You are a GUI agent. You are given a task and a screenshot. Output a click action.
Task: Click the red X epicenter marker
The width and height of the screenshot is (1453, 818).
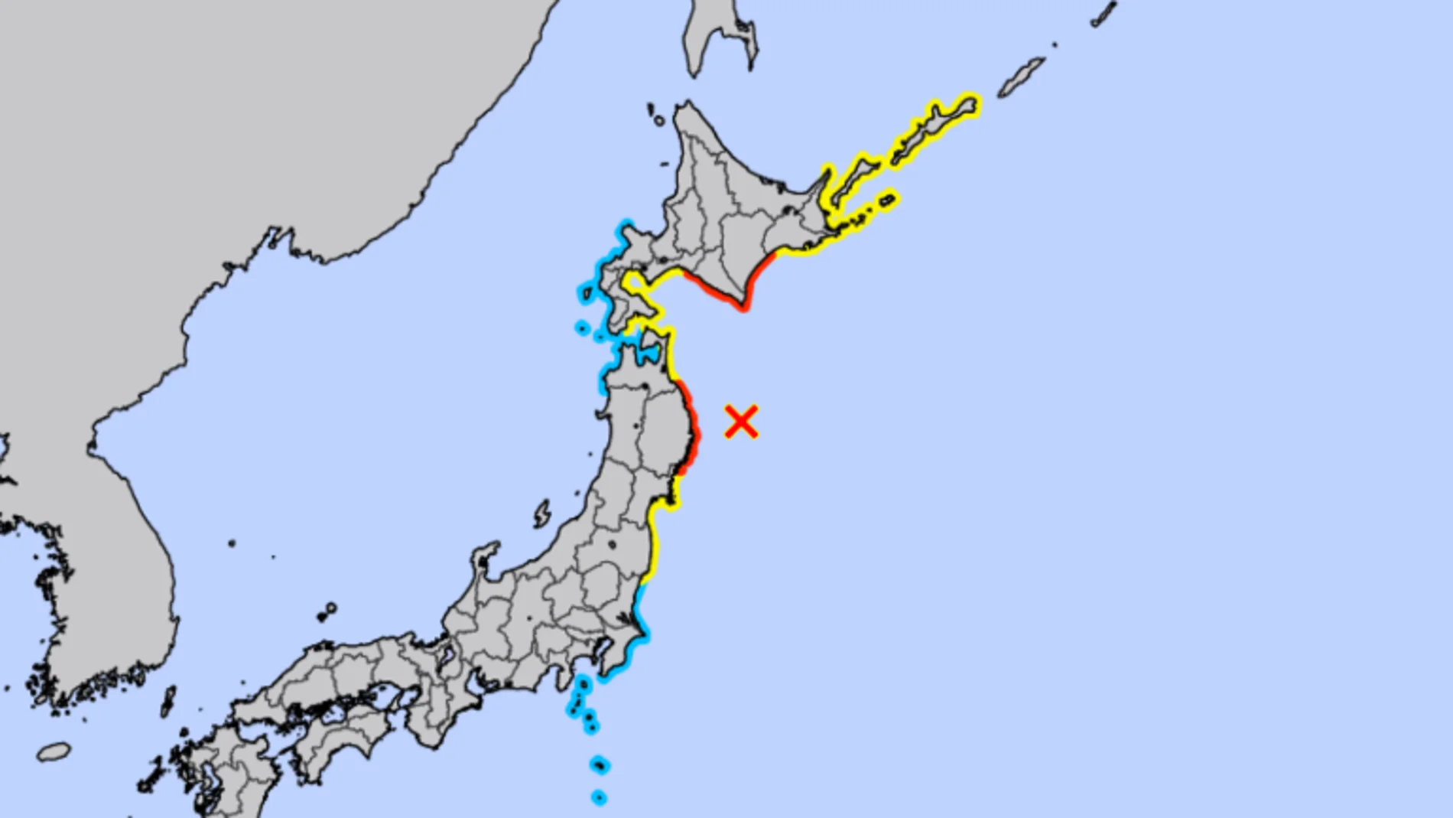click(x=741, y=422)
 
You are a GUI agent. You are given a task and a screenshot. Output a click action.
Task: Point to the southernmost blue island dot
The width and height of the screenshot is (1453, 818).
click(x=599, y=798)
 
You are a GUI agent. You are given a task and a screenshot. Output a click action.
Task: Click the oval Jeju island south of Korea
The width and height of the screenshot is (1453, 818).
click(x=54, y=752)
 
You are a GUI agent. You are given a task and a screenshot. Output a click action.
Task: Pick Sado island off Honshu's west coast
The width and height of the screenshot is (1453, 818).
click(x=542, y=514)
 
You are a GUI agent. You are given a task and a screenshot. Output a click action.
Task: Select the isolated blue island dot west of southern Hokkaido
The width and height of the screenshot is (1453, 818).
click(x=582, y=328)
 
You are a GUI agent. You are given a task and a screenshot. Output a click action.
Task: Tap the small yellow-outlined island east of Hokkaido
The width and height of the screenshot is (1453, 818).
click(x=887, y=200)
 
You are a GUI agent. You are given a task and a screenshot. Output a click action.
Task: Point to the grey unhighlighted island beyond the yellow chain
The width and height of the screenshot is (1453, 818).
click(x=1021, y=77)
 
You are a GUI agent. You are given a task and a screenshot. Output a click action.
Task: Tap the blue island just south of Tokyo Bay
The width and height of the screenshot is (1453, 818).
click(x=583, y=683)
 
